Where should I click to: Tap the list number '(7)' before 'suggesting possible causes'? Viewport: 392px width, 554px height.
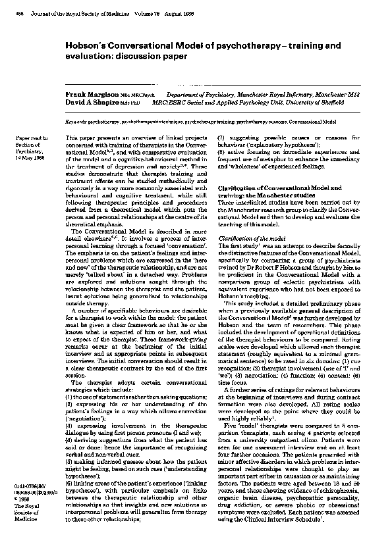[222, 138]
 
